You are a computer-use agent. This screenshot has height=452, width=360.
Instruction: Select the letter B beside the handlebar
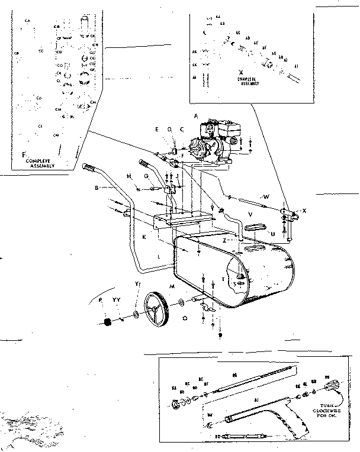(96, 189)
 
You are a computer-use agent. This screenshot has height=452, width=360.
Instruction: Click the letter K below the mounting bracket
(144, 237)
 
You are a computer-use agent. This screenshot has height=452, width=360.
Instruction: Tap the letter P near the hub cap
(101, 301)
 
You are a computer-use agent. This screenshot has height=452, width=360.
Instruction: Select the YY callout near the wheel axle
(117, 301)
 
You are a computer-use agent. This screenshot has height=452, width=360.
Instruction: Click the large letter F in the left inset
(24, 156)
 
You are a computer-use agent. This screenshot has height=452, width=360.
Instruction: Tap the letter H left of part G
(128, 177)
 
